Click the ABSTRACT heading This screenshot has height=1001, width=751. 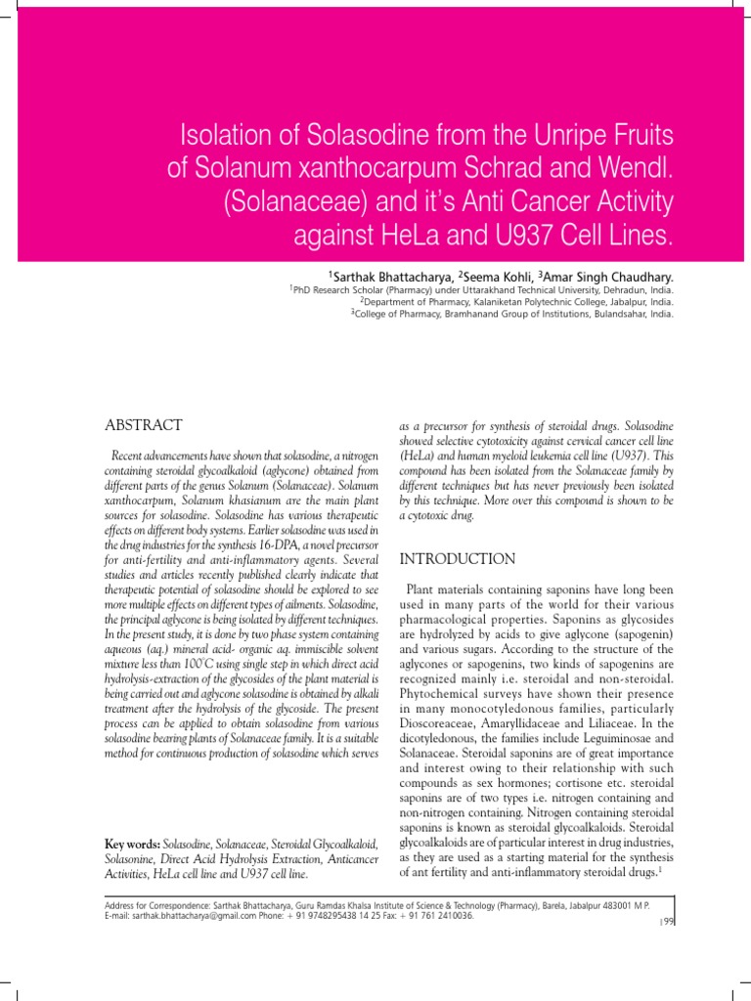143,425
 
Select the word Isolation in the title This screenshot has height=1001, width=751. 224,135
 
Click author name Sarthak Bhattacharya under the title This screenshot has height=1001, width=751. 388,278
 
